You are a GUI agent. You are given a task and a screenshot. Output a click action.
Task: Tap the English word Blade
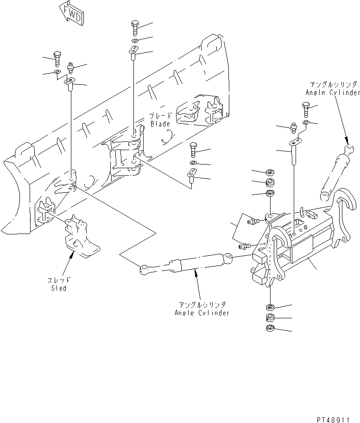(161, 124)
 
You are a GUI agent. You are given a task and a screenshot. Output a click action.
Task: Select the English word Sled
(58, 288)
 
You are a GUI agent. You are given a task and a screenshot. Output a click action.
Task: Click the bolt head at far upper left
(57, 58)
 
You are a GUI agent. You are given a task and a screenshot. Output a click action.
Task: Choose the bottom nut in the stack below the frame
(270, 328)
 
